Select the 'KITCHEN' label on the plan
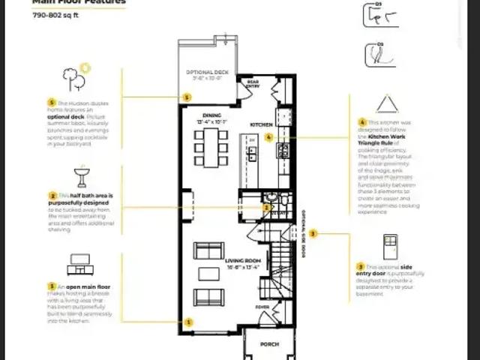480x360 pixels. (x=260, y=124)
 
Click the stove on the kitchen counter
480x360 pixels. (x=283, y=150)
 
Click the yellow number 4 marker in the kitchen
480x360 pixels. (x=268, y=138)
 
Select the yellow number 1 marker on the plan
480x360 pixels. (x=188, y=322)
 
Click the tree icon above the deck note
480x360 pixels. (x=70, y=76)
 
